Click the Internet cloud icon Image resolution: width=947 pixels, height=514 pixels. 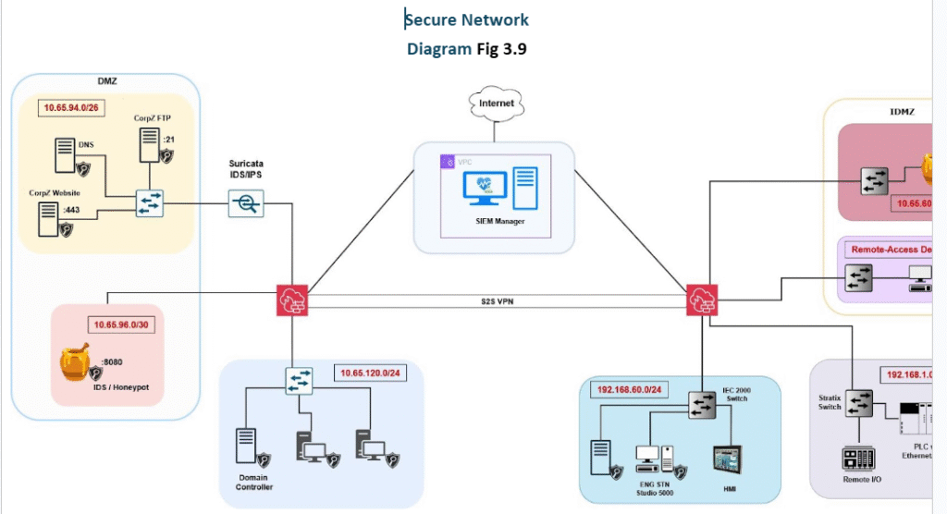(496, 103)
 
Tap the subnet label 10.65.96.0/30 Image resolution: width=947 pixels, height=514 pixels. (120, 324)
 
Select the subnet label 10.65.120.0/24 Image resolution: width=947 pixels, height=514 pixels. (369, 374)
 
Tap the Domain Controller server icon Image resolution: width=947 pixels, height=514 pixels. (246, 447)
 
